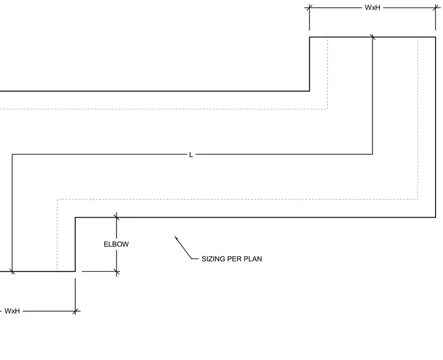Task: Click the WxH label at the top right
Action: tap(372, 8)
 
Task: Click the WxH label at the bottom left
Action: tap(12, 311)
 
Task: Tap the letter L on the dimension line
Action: tap(191, 155)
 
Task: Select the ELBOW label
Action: tap(116, 244)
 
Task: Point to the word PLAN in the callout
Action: tap(252, 258)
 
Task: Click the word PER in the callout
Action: tap(234, 258)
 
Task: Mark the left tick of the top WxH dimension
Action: tap(310, 8)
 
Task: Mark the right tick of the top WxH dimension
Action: tap(435, 8)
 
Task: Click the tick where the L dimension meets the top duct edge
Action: tap(372, 37)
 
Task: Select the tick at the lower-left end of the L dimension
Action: tap(12, 271)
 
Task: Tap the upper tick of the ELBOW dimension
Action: tap(117, 217)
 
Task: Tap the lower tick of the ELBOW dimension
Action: tap(117, 272)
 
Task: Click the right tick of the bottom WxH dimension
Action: tap(75, 312)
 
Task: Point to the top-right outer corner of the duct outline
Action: tap(435, 37)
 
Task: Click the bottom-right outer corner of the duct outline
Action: tap(435, 217)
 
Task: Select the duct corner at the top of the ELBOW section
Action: tap(75, 217)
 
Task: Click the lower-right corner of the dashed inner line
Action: tap(417, 200)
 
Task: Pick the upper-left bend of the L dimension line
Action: tap(12, 155)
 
